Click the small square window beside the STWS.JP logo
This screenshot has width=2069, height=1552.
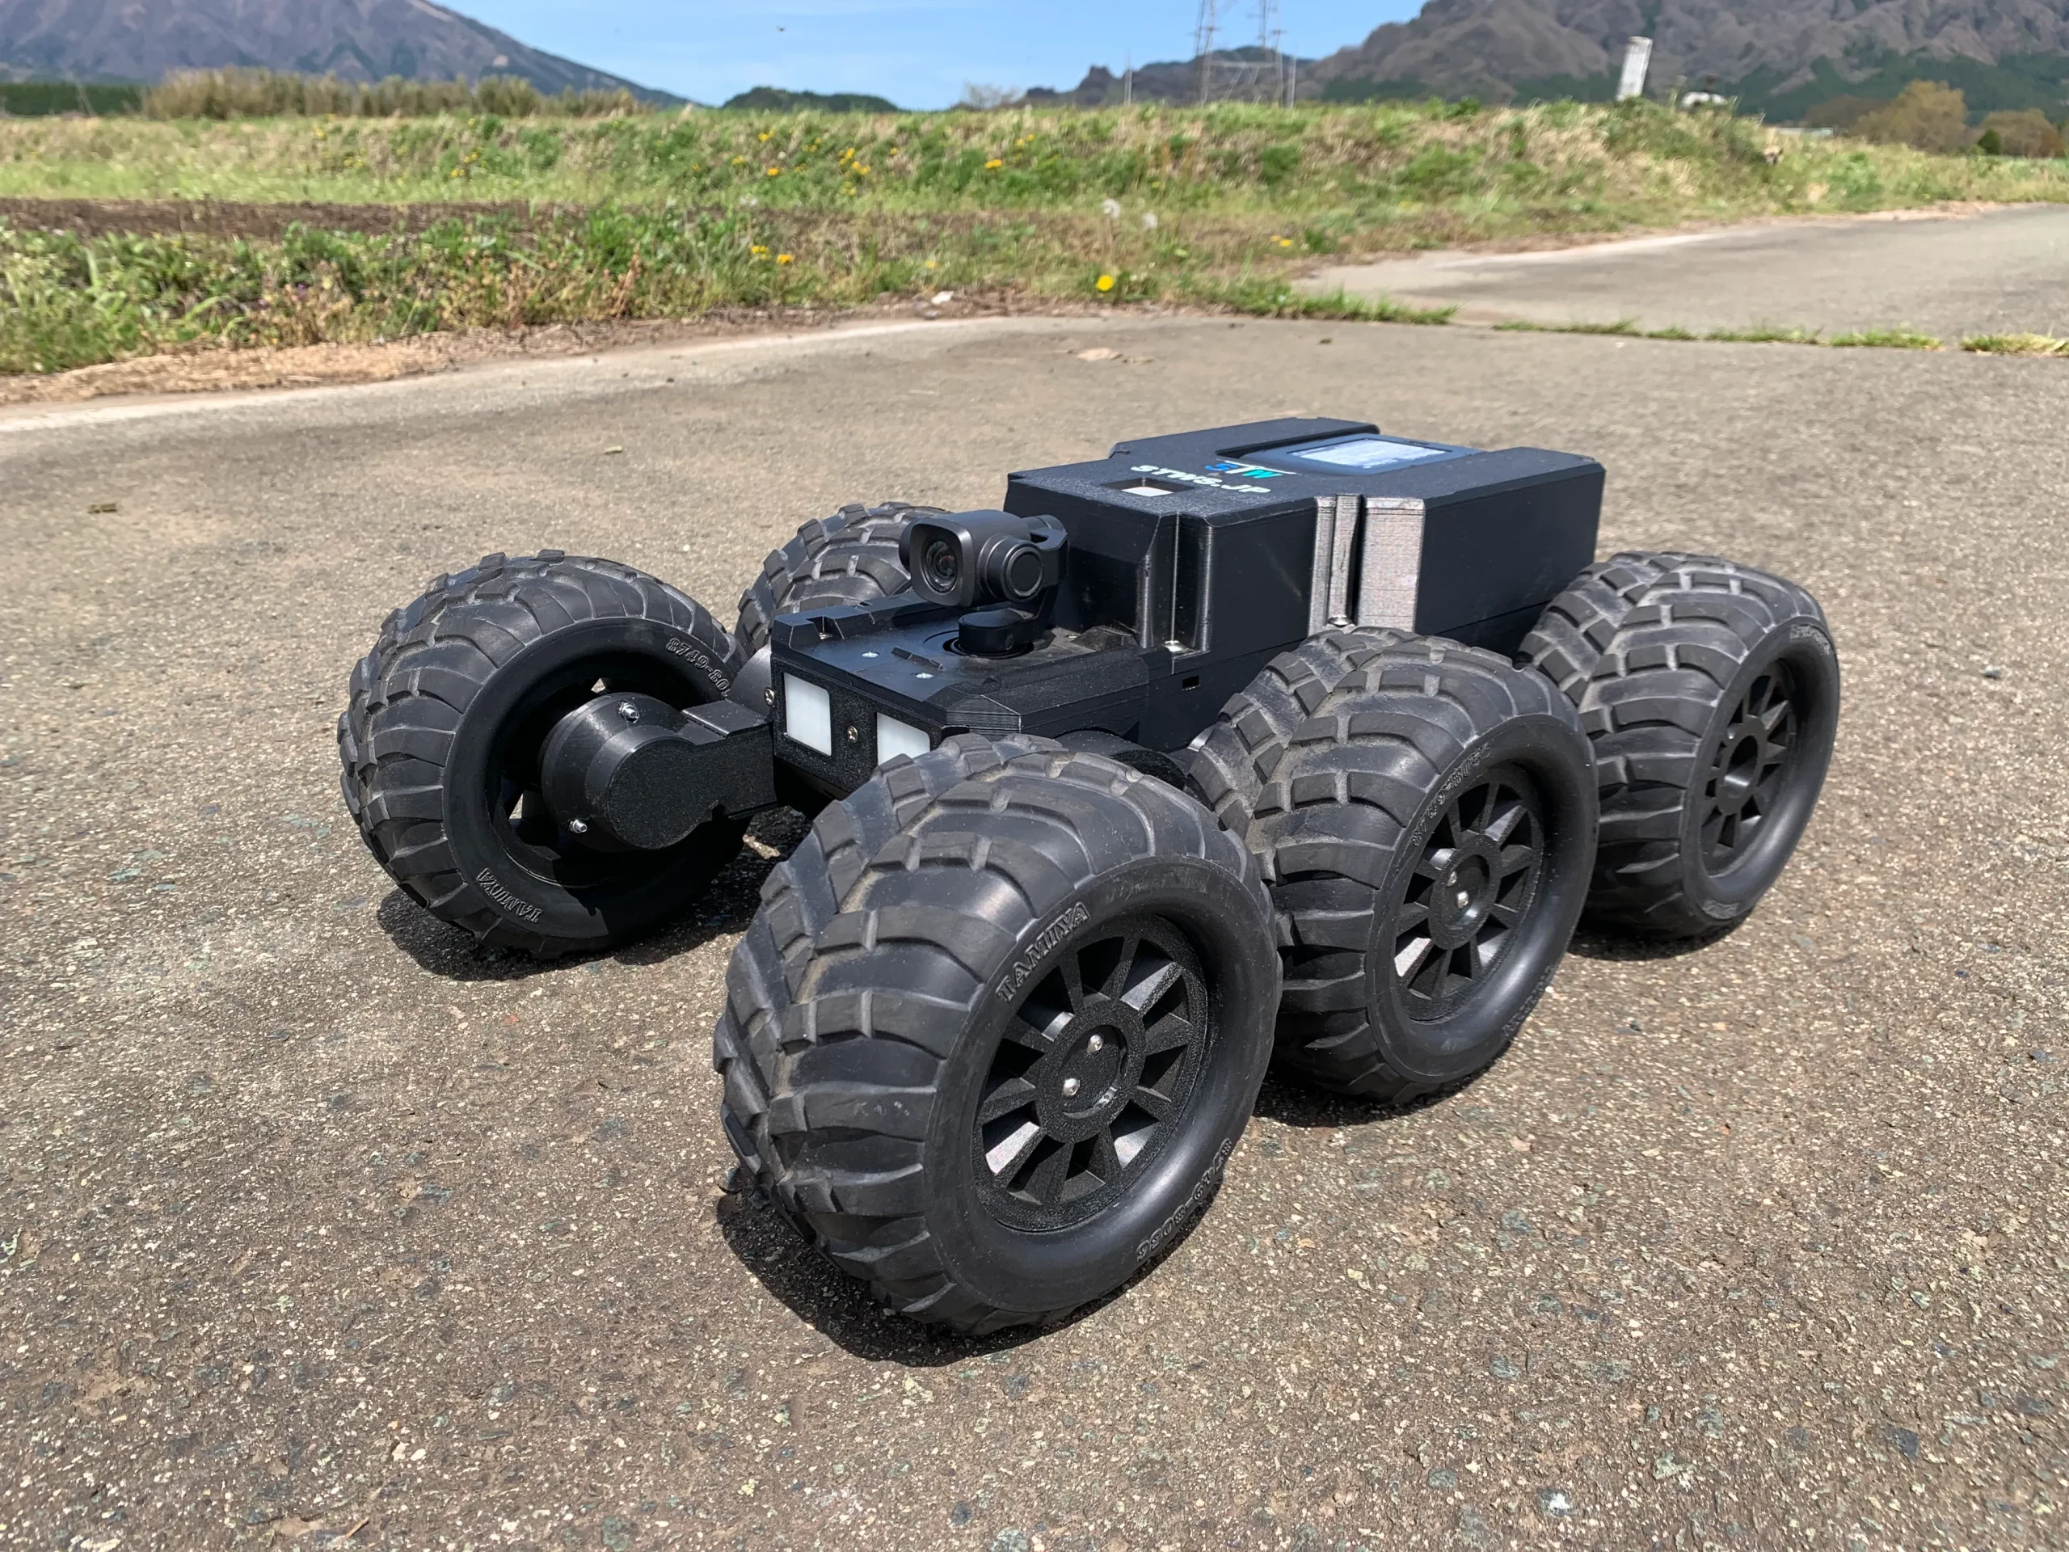1137,487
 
